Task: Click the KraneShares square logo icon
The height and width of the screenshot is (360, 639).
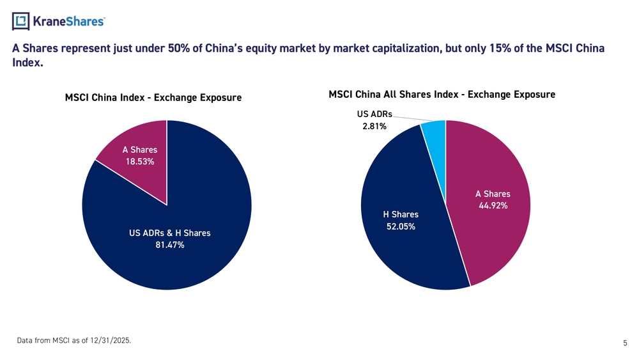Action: [x=22, y=22]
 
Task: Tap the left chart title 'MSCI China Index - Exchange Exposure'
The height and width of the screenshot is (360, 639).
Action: [x=153, y=98]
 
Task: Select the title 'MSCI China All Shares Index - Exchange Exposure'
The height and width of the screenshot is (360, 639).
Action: [x=442, y=95]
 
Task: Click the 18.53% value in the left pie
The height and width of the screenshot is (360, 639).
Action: [x=139, y=162]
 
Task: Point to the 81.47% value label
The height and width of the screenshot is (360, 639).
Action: [x=170, y=245]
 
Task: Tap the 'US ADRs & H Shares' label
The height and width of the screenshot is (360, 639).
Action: [x=169, y=233]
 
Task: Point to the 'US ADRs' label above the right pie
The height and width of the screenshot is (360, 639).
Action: [x=374, y=115]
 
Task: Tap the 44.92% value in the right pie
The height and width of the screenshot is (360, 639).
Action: [x=493, y=205]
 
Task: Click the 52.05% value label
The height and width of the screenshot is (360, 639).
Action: [x=401, y=226]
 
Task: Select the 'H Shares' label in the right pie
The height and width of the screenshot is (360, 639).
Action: [x=401, y=214]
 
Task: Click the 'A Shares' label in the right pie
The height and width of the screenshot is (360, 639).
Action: [x=493, y=194]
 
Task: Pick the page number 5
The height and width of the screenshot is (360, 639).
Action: [x=624, y=344]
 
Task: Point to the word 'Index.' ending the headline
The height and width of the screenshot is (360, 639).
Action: [x=28, y=64]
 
